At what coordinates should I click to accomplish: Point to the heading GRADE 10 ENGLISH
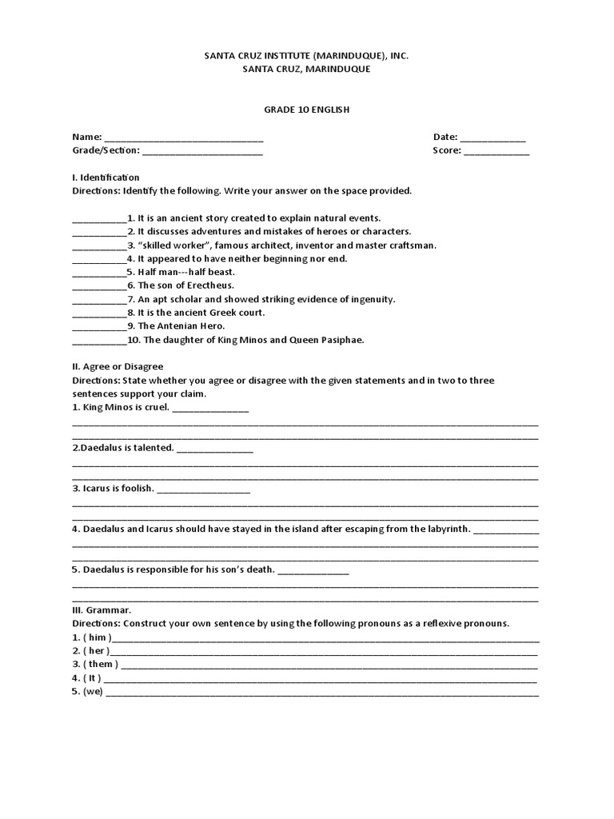[x=307, y=110]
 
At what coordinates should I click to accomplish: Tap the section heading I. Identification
[x=106, y=177]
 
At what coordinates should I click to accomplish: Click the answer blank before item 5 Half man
[x=99, y=274]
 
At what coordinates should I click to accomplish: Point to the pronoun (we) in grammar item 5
[x=94, y=692]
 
